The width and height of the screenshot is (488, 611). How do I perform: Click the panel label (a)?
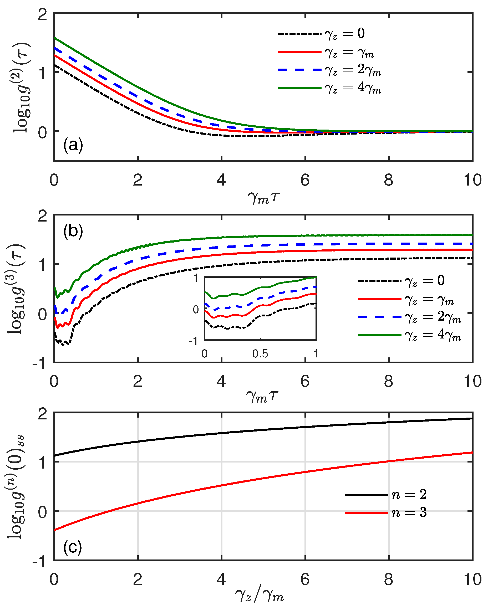coord(73,145)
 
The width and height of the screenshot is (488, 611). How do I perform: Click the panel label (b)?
coord(73,231)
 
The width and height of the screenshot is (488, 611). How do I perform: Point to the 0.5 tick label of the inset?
coord(260,354)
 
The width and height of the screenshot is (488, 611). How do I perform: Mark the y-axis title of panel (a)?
coord(21,88)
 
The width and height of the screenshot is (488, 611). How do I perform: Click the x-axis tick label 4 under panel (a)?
coord(221,180)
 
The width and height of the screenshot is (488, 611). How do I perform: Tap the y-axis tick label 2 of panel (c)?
coord(43,414)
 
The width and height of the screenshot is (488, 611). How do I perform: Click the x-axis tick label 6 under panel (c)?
coord(305,579)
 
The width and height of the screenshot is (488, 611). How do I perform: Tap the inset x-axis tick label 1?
coord(316,354)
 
